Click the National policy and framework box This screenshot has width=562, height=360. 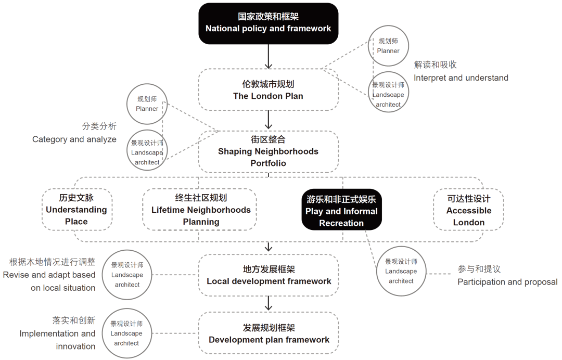(268, 23)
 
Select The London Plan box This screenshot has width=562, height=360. (268, 89)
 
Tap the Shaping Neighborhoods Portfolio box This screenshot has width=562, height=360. (268, 151)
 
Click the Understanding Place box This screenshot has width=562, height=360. (76, 210)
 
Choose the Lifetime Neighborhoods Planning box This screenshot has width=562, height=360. (200, 210)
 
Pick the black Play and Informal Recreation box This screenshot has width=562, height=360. (341, 211)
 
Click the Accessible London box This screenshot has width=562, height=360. (468, 210)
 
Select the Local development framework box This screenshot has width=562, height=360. (269, 275)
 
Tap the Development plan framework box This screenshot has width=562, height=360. (269, 333)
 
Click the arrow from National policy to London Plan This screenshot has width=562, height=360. (268, 57)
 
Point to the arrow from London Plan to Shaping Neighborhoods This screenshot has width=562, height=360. (268, 120)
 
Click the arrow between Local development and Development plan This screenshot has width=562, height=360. (268, 303)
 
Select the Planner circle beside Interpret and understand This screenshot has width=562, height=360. (388, 46)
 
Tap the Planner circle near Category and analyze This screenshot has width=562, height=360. (147, 104)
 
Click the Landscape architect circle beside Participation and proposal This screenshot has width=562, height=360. (401, 271)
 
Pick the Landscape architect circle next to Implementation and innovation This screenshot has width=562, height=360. (126, 333)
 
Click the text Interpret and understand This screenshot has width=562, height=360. (461, 78)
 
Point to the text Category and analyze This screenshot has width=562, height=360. (74, 139)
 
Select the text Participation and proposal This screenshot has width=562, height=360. (507, 281)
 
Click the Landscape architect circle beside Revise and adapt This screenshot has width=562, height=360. (127, 275)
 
